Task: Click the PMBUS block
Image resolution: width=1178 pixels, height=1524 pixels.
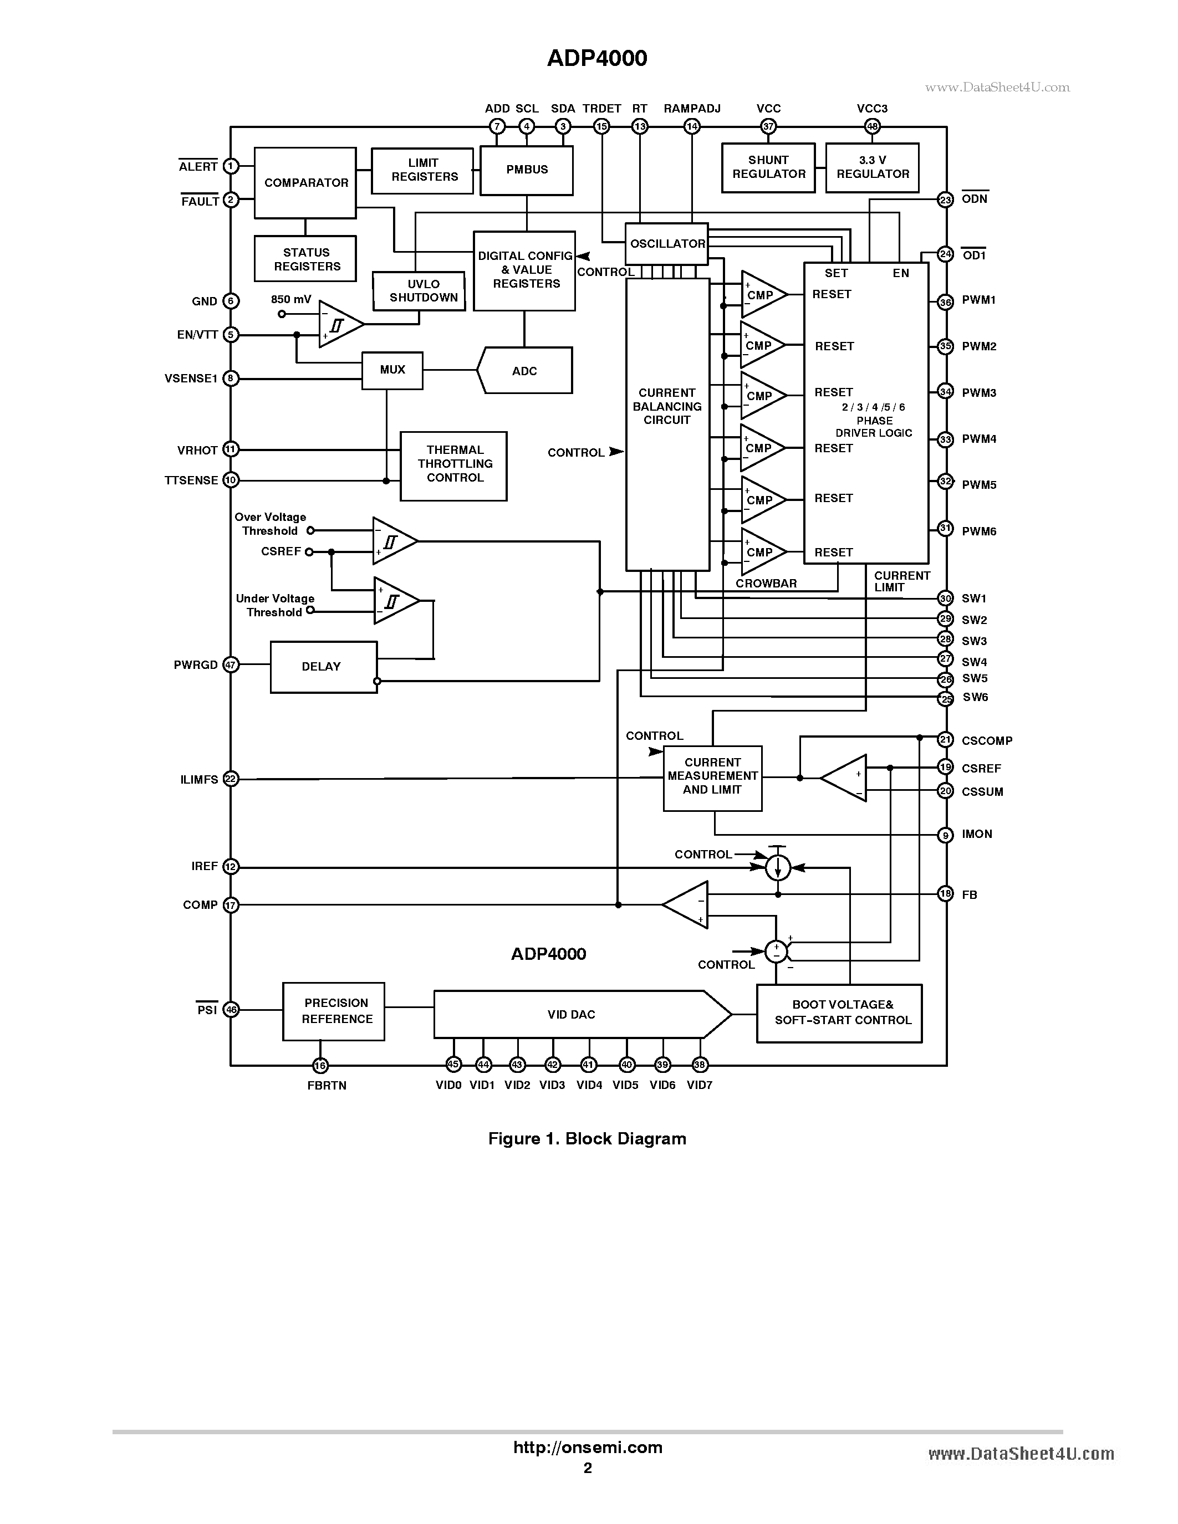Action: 526,170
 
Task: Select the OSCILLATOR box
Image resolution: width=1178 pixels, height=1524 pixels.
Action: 666,243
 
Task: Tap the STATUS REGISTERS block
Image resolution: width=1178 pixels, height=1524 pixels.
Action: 305,259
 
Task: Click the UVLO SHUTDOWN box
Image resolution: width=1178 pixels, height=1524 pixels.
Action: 419,291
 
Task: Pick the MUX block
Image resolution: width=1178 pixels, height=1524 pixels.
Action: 392,370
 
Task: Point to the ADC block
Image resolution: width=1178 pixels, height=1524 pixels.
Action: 525,371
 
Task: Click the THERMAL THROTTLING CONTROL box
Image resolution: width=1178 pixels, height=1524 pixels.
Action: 453,465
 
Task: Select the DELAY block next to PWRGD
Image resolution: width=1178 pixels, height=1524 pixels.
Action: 323,666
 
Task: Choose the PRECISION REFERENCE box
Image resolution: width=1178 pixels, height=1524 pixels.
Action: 334,1011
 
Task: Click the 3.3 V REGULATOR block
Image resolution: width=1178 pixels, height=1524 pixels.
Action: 873,167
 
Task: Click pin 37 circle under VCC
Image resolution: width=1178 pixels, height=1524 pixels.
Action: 768,126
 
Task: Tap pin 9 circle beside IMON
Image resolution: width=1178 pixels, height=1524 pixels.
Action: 946,835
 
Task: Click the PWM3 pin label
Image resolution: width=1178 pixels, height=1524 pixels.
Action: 978,393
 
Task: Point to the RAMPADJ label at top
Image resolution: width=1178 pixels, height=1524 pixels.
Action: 692,109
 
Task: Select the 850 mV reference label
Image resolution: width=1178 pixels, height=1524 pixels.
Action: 291,299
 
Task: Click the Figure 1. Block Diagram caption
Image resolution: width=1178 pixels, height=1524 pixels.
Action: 587,1139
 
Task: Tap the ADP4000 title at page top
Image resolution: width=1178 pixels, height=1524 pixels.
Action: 596,58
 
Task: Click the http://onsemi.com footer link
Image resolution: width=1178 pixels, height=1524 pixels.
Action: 588,1447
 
